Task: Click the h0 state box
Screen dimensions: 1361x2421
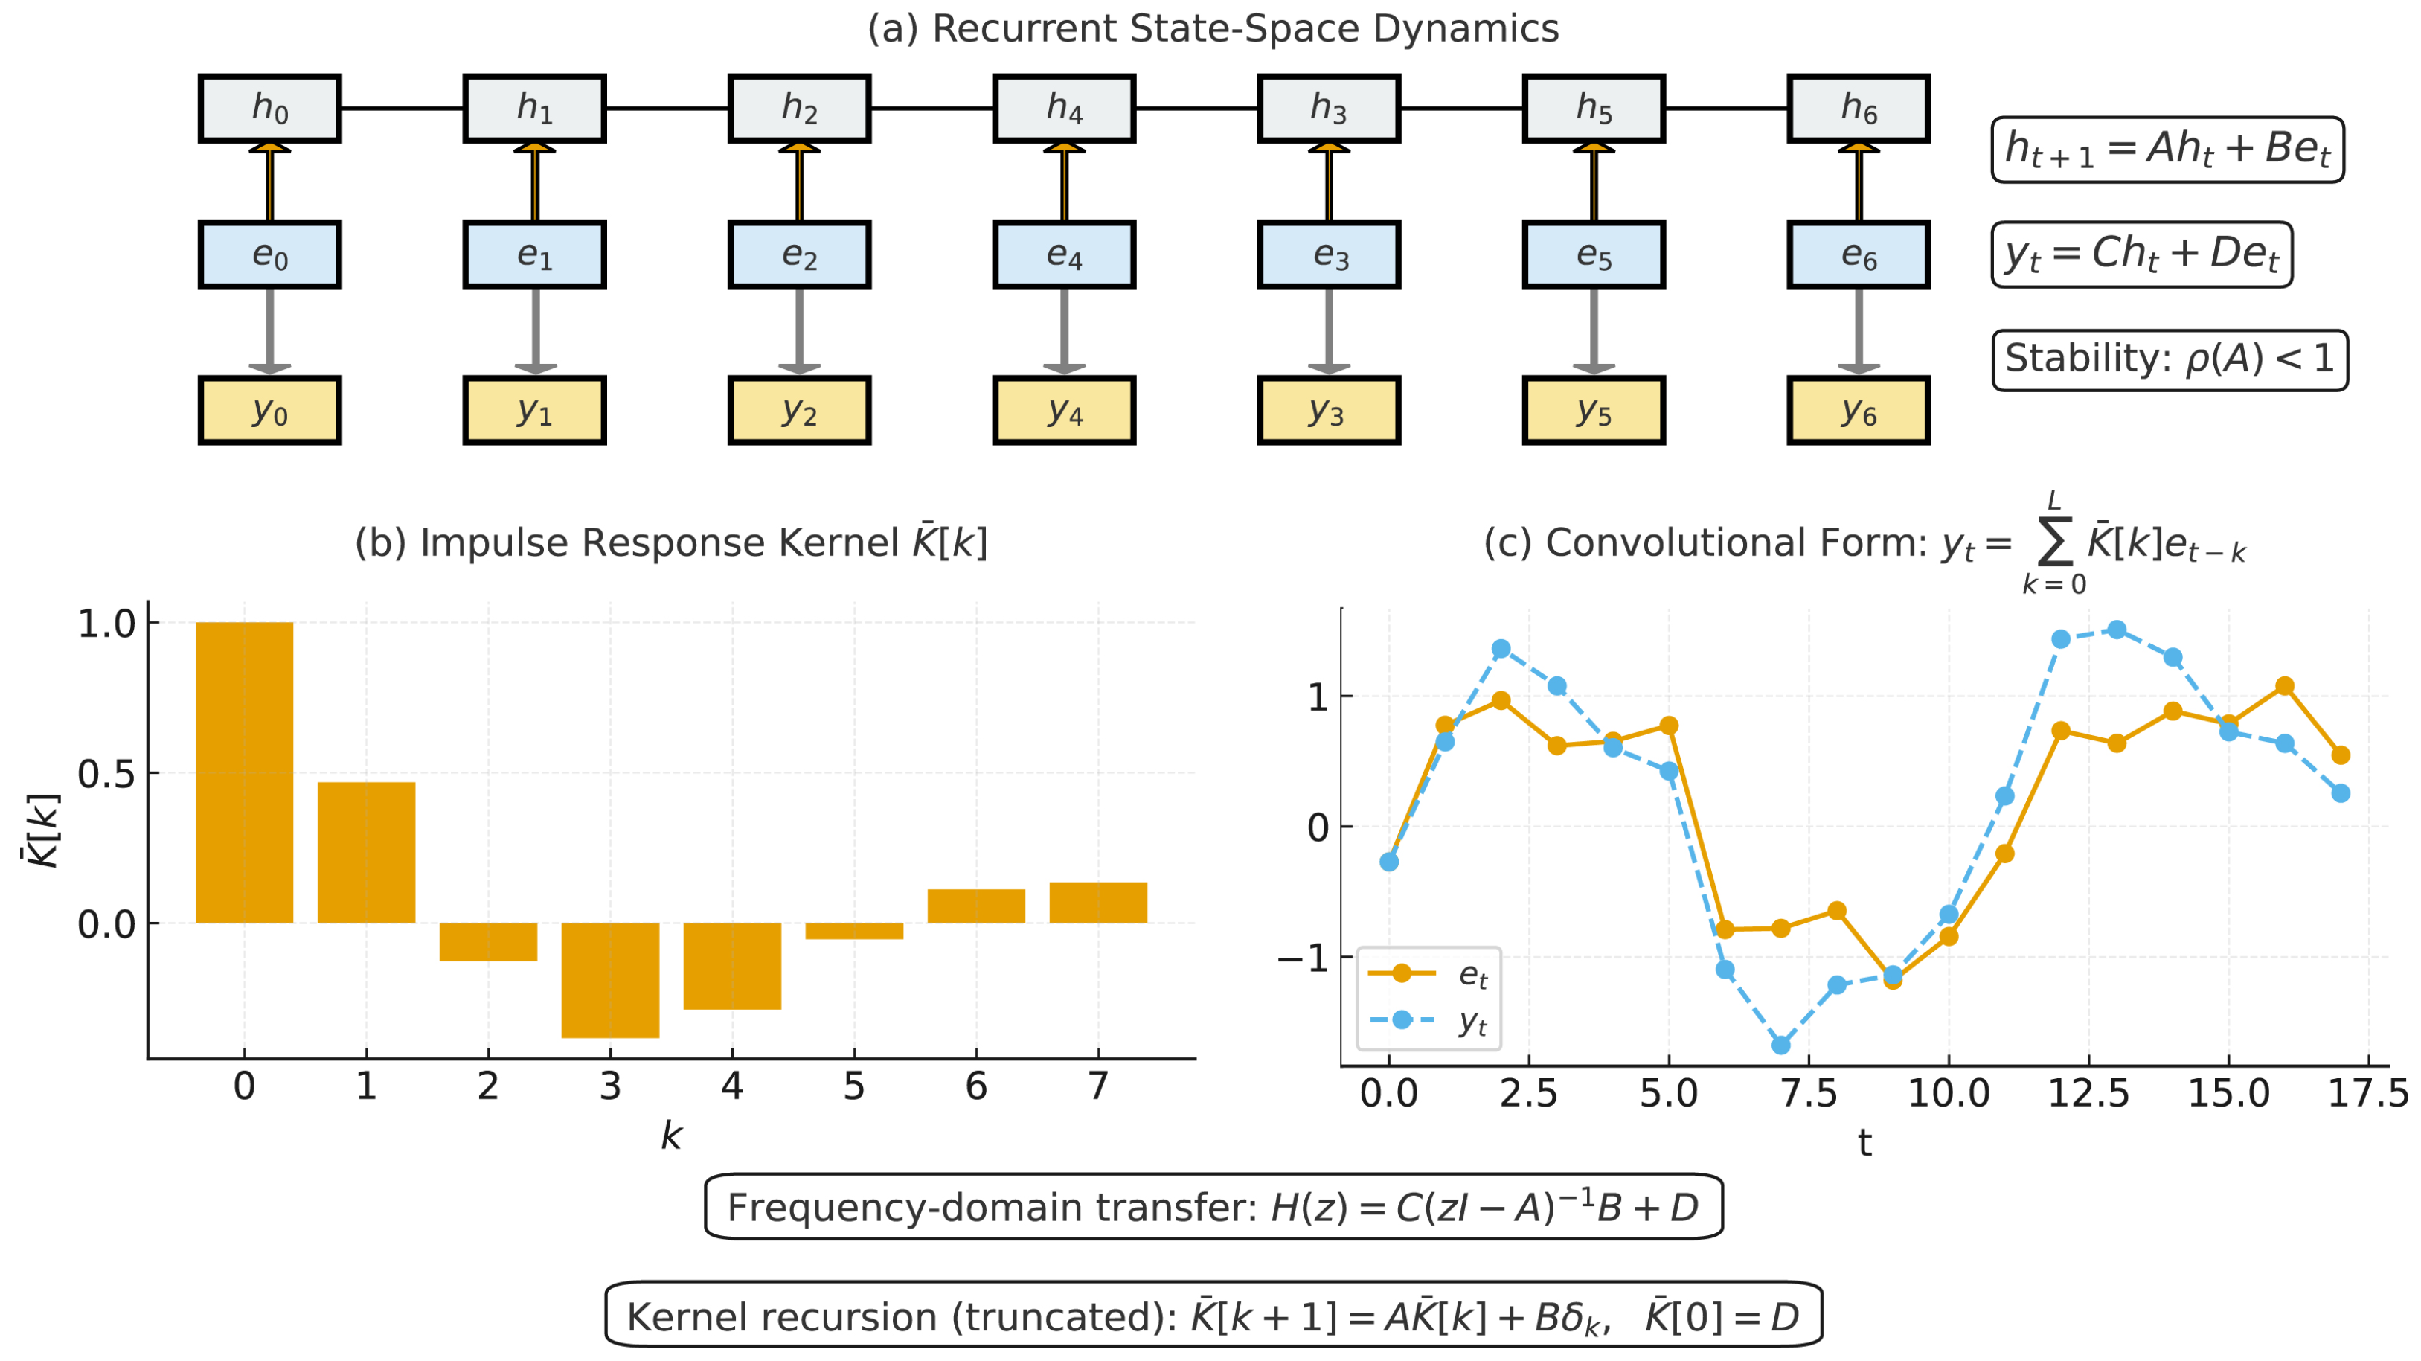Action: pyautogui.click(x=270, y=108)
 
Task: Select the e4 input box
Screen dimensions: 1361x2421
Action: pyautogui.click(x=1064, y=254)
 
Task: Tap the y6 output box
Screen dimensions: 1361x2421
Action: pyautogui.click(x=1858, y=411)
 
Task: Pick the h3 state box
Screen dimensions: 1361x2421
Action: pyautogui.click(x=1329, y=108)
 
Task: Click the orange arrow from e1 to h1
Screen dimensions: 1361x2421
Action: pyautogui.click(x=535, y=183)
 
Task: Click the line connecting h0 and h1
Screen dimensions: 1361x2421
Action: pyautogui.click(x=403, y=108)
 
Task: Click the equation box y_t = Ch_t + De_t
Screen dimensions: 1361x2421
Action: pyautogui.click(x=2142, y=254)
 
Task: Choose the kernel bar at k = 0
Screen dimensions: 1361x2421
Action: pyautogui.click(x=244, y=772)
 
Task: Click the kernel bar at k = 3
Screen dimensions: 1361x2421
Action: pyautogui.click(x=610, y=979)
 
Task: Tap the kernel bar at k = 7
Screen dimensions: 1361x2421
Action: pyautogui.click(x=1097, y=903)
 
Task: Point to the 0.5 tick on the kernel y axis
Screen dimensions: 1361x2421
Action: pyautogui.click(x=106, y=774)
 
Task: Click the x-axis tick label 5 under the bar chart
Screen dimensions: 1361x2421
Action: pyautogui.click(x=853, y=1086)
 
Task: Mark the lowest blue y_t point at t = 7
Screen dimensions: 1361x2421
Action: pyautogui.click(x=1780, y=1045)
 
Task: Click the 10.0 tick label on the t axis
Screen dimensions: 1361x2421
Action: pyautogui.click(x=1949, y=1093)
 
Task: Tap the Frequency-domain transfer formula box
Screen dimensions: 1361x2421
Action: pyautogui.click(x=1213, y=1207)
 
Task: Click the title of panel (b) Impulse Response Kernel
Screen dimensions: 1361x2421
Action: pyautogui.click(x=671, y=542)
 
